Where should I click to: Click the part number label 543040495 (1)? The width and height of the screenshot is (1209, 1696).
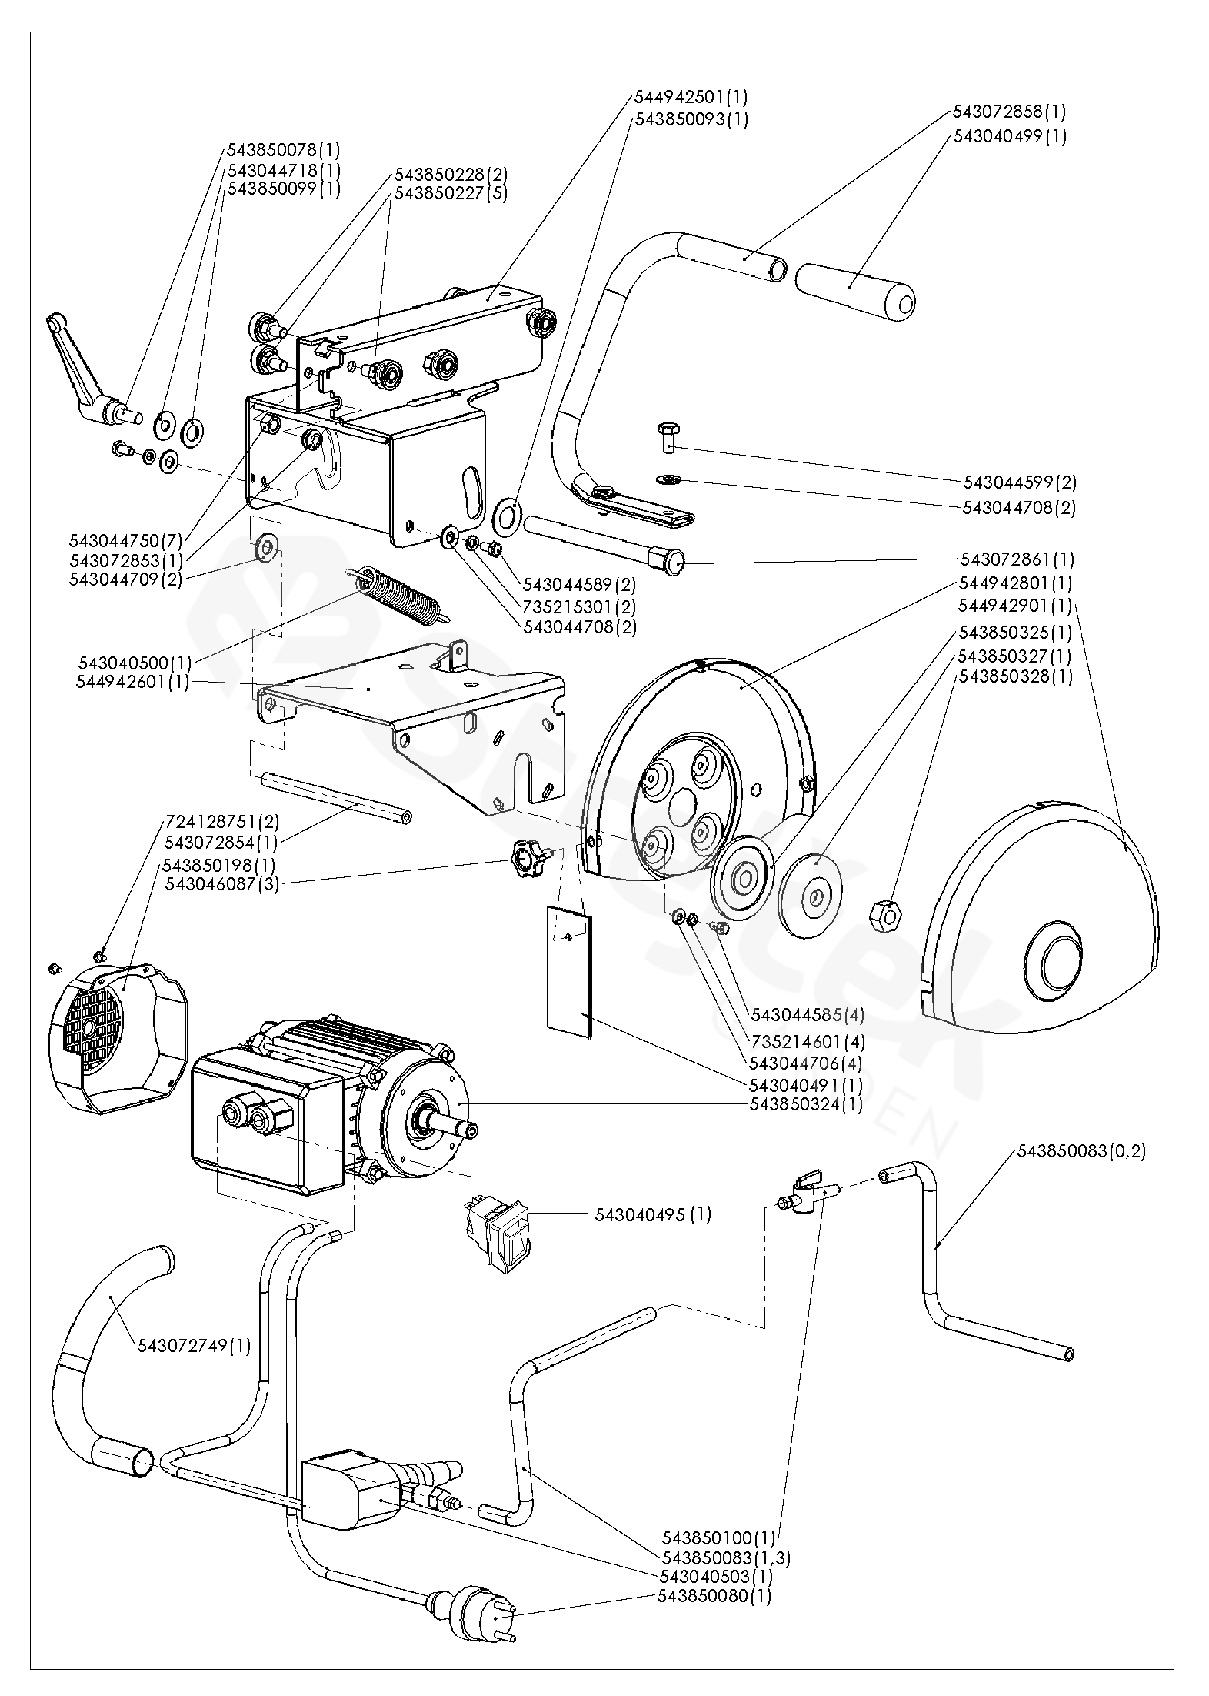coord(653,1215)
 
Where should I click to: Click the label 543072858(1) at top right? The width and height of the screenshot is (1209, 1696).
coord(1009,112)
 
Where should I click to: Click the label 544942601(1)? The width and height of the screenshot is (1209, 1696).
coord(132,683)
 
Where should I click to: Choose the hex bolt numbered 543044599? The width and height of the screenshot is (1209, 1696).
coord(667,436)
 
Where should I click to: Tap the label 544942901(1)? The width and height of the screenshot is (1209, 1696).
coord(1014,606)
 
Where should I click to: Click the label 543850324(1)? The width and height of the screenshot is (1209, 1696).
coord(806,1104)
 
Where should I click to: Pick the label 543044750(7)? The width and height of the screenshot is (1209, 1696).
coord(125,540)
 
